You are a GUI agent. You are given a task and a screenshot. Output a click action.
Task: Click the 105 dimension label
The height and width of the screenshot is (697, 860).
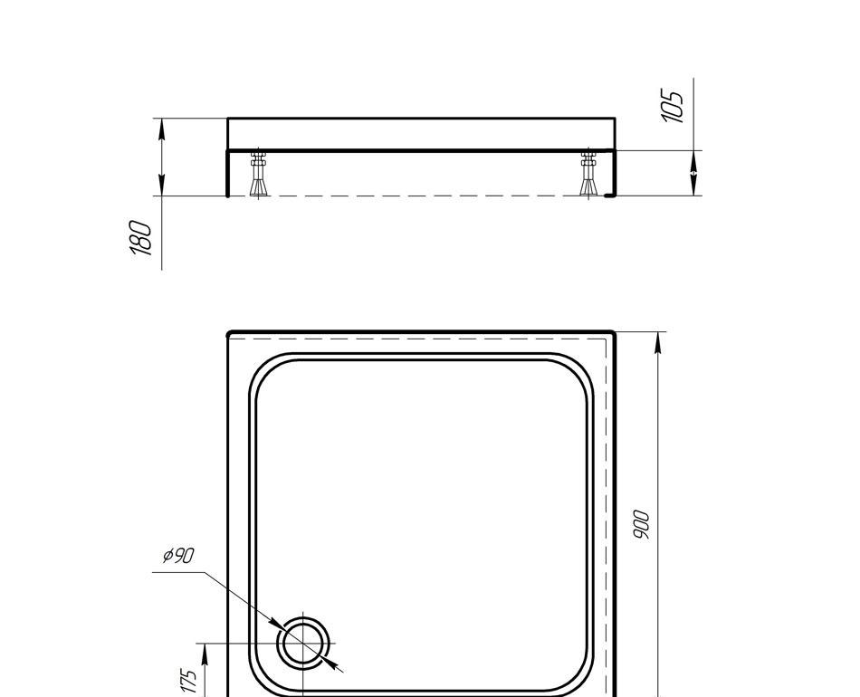673,106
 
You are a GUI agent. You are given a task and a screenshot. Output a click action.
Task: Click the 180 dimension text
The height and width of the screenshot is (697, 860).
142,237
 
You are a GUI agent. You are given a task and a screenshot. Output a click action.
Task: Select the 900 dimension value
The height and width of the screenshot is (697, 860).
641,525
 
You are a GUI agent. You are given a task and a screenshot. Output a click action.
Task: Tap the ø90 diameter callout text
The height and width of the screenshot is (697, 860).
178,556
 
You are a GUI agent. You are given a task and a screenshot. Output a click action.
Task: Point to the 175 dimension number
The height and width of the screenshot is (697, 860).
188,680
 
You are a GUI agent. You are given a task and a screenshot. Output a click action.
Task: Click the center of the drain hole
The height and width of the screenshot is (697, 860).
304,644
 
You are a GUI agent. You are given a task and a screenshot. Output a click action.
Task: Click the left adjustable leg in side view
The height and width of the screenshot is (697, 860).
259,175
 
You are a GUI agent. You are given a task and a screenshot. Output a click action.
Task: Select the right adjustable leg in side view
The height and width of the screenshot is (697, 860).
589,175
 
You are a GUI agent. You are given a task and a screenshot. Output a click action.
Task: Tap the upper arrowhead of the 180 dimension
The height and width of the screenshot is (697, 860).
161,128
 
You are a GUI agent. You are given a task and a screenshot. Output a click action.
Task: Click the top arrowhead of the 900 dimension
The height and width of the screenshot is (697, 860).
658,342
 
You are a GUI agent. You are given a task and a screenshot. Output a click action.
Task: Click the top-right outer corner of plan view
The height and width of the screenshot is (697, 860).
614,333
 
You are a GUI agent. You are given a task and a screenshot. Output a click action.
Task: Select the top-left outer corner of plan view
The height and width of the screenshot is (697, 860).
229,333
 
